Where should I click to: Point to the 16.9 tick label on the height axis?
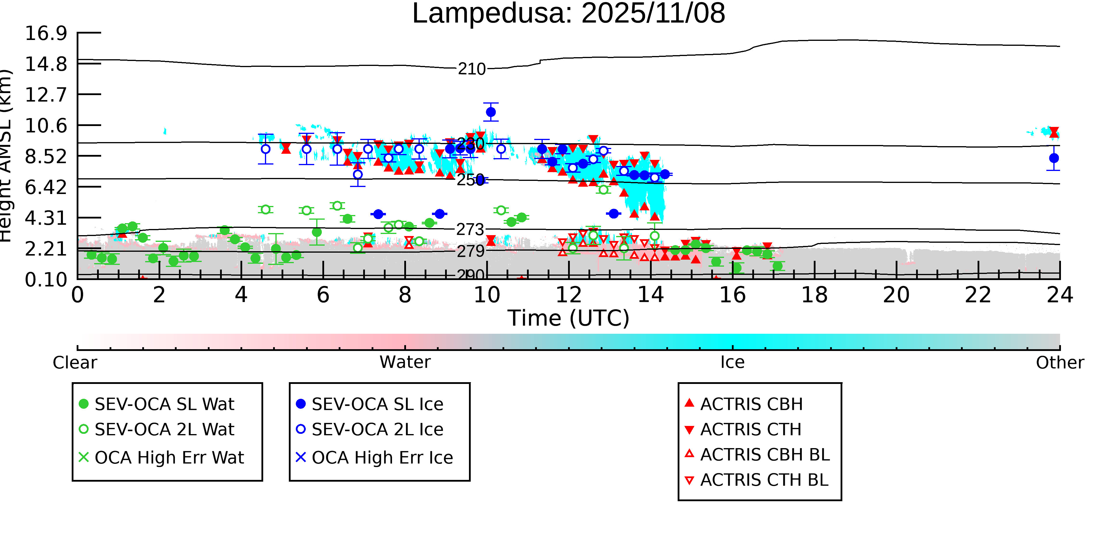46,33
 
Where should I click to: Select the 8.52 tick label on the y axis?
46,156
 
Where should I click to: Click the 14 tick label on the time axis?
651,295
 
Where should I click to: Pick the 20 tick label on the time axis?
896,295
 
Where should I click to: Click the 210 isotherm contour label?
471,69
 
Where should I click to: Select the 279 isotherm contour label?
470,251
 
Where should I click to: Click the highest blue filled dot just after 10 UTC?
491,112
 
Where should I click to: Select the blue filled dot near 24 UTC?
1054,158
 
